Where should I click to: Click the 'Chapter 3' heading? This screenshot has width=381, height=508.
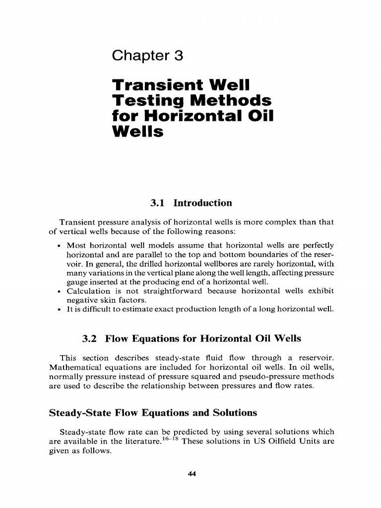click(x=148, y=56)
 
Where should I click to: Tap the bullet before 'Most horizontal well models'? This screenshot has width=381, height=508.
click(x=59, y=246)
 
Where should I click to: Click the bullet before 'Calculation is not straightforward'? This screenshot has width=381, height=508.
click(x=59, y=291)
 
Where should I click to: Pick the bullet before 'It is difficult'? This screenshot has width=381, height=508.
click(x=59, y=309)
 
